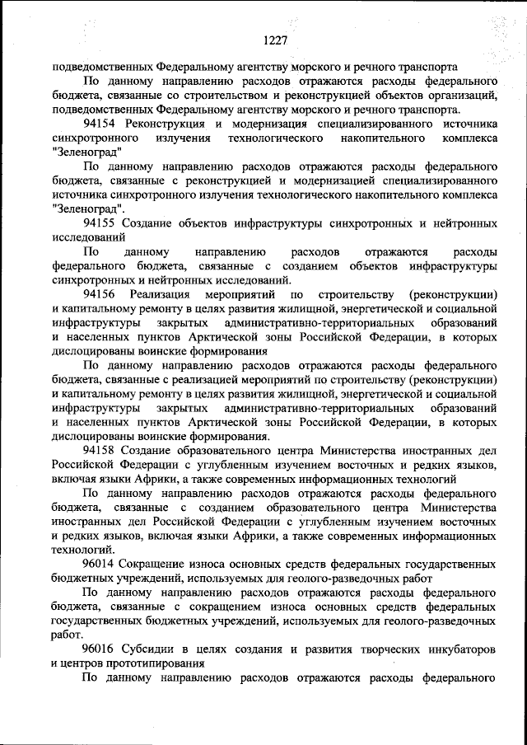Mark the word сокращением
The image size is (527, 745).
click(x=239, y=606)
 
